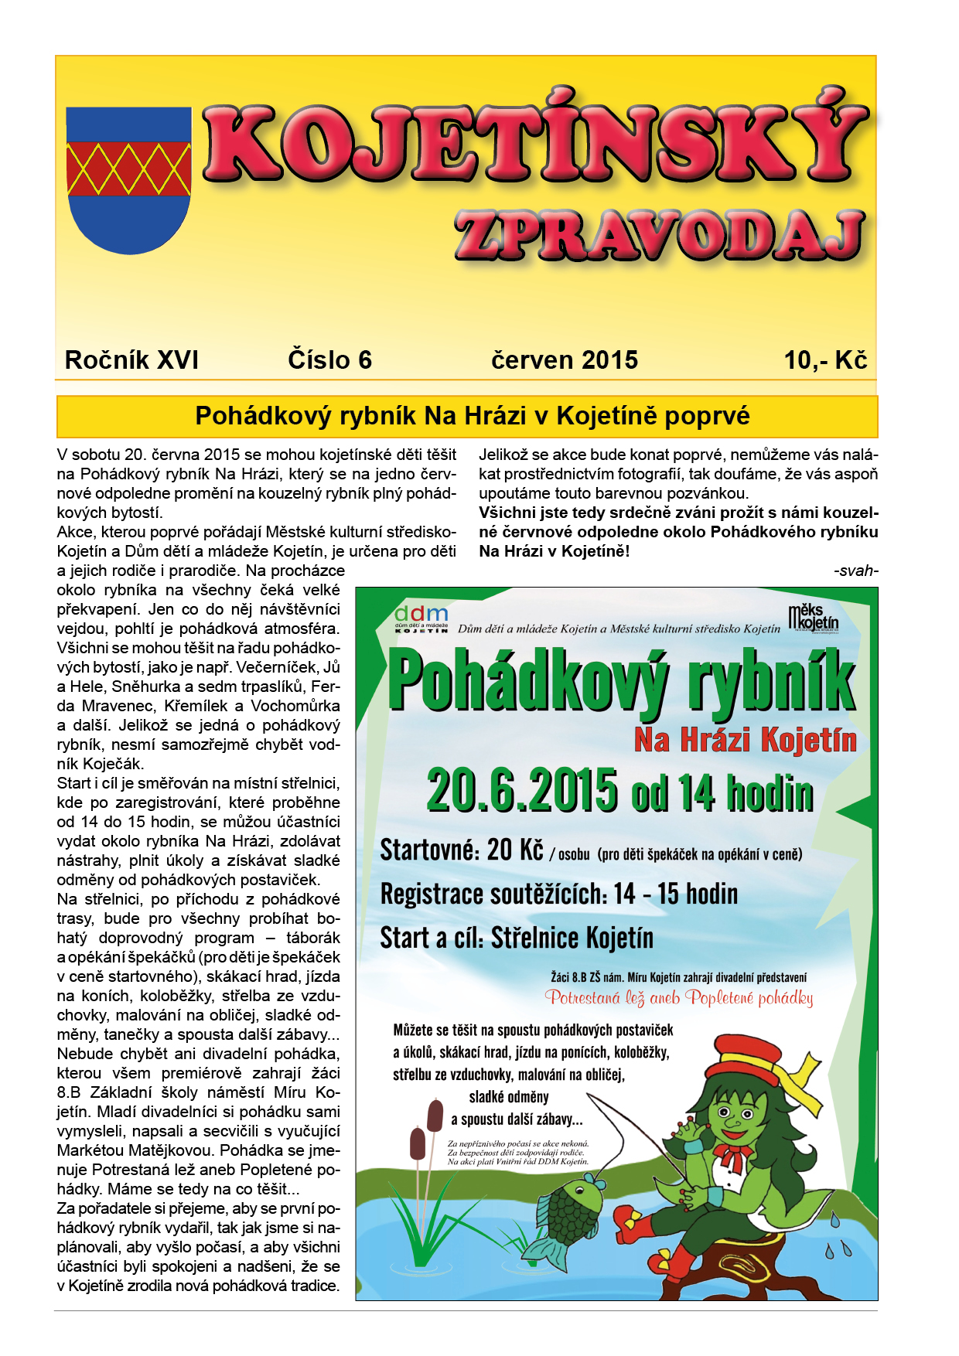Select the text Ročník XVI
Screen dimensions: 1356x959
tap(131, 360)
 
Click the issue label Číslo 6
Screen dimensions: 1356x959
tap(329, 360)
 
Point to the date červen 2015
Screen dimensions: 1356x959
tap(565, 360)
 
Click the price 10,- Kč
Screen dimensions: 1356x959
tap(825, 360)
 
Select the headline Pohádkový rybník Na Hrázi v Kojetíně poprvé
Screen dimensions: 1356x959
tap(472, 416)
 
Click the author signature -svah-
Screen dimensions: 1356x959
tap(856, 571)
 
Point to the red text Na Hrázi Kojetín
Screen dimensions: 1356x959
tap(745, 741)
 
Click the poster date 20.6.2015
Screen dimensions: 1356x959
tap(522, 791)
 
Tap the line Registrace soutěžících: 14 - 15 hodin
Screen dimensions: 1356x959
tap(558, 894)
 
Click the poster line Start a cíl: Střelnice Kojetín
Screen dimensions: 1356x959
tap(517, 939)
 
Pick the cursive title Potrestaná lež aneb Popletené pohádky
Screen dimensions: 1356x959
tap(679, 998)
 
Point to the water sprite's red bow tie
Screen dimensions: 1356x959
tap(730, 1157)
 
